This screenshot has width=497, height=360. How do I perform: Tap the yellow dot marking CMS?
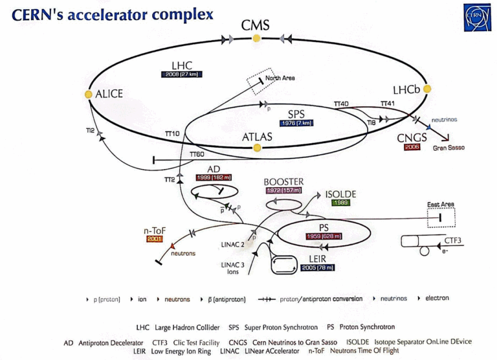pos(256,39)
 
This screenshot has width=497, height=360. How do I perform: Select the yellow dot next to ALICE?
pos(89,94)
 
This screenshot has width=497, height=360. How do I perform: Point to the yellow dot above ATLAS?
pos(257,148)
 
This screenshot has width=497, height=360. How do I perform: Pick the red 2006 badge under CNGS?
pos(412,147)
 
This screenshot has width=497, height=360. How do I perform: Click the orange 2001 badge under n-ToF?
pos(155,239)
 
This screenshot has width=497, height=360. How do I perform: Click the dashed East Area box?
pos(441,218)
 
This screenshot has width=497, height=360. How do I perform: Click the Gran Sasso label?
pos(449,148)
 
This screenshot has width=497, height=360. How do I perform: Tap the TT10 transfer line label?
pos(171,134)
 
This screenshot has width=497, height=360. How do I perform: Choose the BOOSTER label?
pos(283,182)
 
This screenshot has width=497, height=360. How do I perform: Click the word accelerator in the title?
pos(122,14)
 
